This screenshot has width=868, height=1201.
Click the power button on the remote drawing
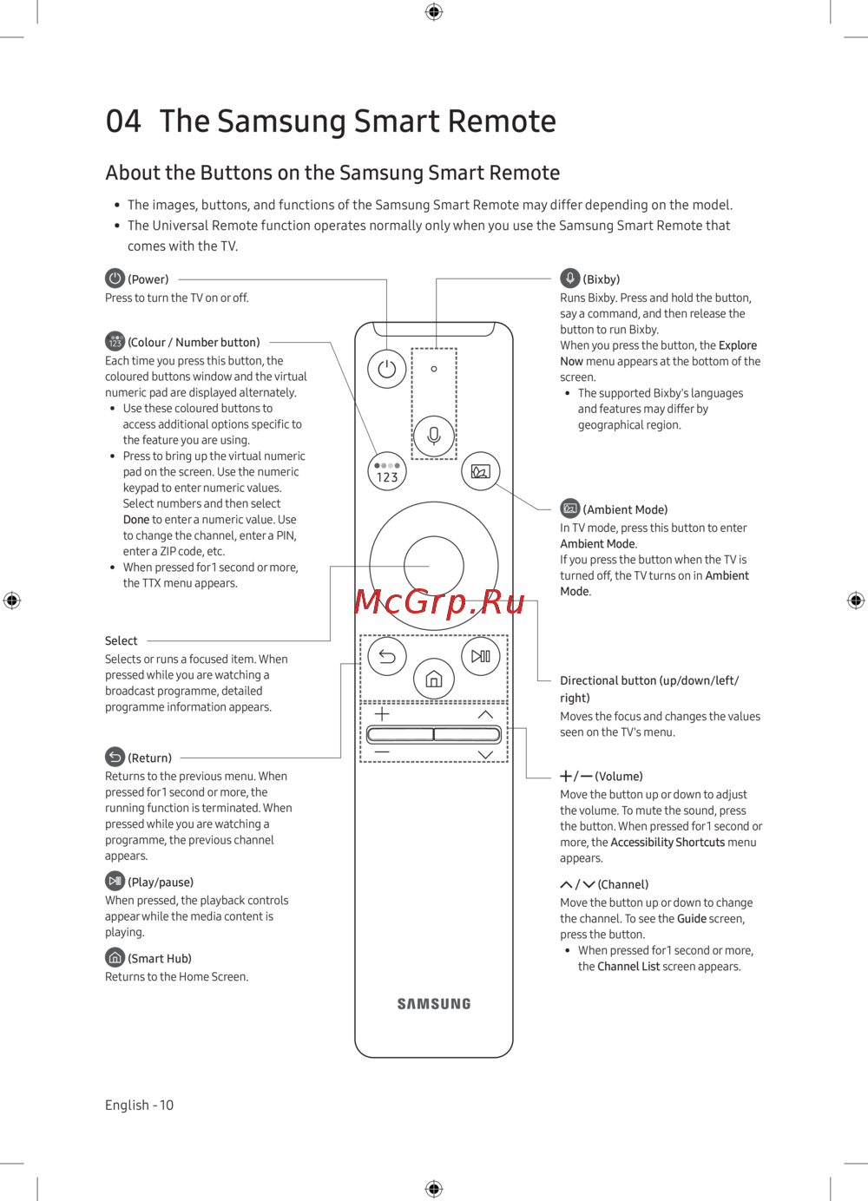(387, 369)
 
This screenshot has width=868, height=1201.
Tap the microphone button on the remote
(434, 436)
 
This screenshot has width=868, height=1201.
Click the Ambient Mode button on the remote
(481, 471)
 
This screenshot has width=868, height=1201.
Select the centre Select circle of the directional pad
(434, 566)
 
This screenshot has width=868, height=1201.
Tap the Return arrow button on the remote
(387, 656)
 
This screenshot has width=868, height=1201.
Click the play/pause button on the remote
(481, 656)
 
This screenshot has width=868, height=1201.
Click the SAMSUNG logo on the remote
(434, 1004)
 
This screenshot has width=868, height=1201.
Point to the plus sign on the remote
(382, 714)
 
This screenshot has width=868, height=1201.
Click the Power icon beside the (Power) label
(115, 279)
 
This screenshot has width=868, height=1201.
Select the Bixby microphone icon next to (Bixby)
(569, 279)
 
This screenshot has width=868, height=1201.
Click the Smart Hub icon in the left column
(115, 957)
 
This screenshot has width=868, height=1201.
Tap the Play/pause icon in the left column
(115, 881)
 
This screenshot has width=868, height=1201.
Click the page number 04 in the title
(123, 121)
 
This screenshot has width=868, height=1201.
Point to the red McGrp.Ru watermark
(439, 600)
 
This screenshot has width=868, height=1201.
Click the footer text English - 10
(139, 1105)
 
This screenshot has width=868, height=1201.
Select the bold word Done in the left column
(136, 520)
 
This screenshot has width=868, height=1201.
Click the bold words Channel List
(628, 967)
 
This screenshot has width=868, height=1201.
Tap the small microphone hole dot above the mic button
(434, 369)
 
